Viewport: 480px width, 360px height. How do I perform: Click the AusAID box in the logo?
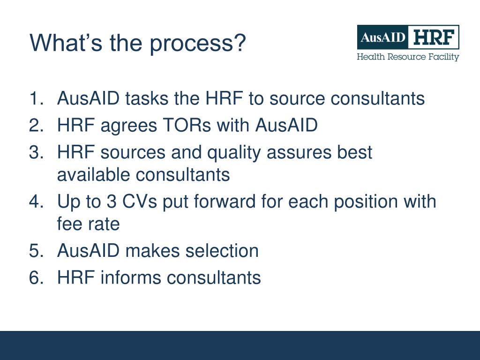(382, 37)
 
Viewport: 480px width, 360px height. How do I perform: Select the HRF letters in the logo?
(433, 37)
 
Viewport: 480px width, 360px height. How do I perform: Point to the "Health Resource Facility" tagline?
(408, 57)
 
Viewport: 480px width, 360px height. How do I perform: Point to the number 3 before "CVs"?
(111, 202)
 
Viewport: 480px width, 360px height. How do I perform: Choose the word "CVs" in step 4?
(140, 202)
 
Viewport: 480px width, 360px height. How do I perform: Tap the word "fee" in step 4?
(68, 224)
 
